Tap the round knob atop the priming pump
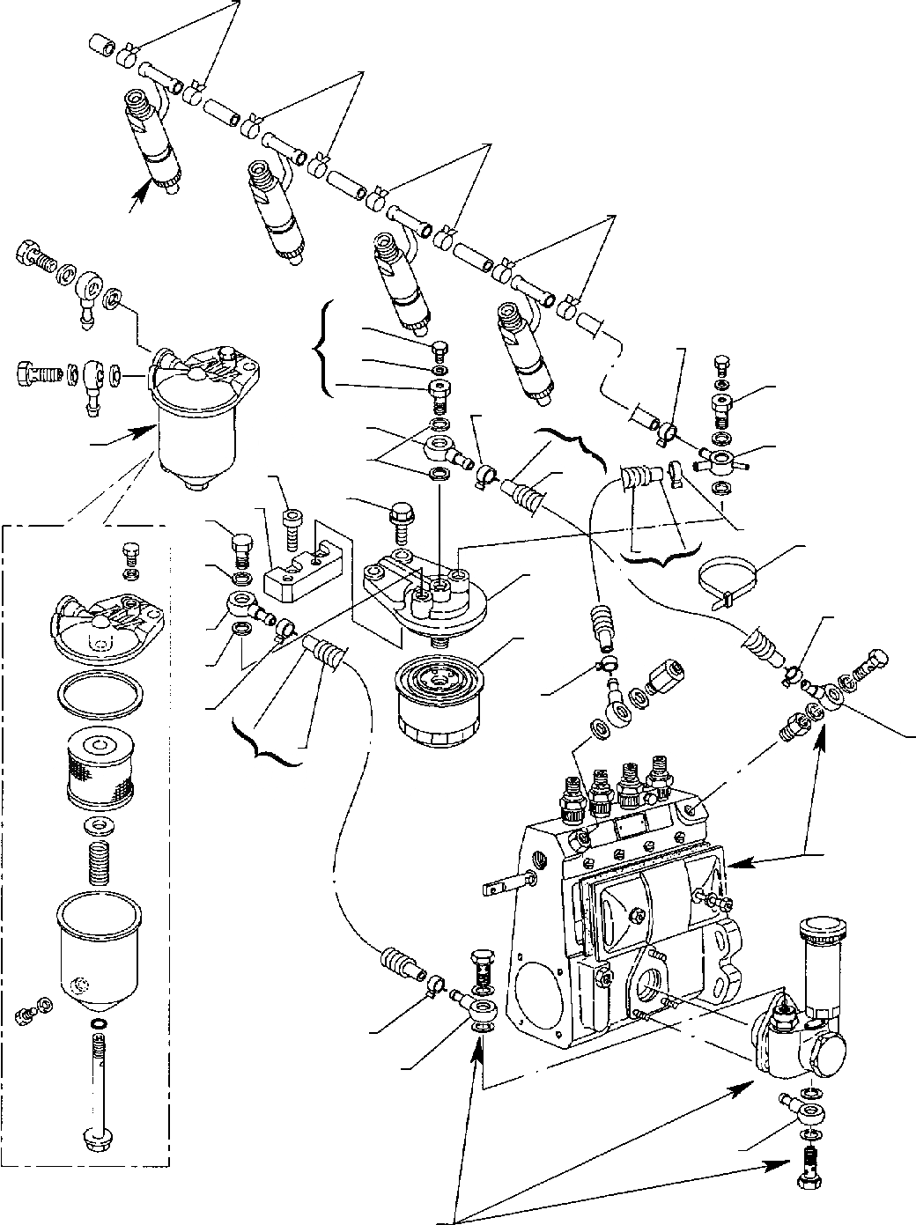(824, 934)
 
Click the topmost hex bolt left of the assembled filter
(35, 262)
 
